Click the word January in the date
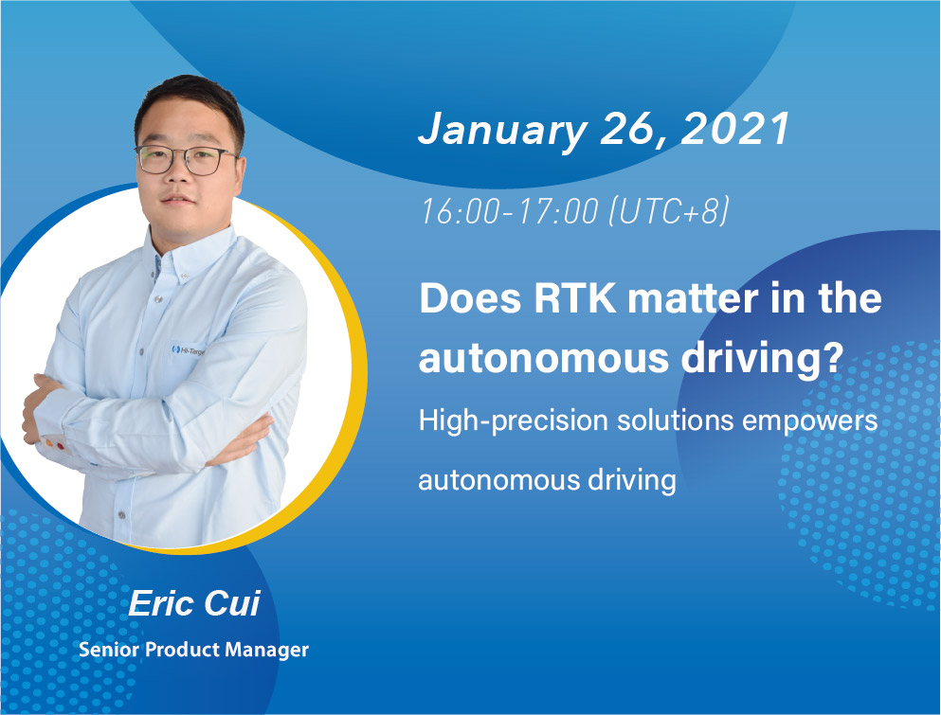click(x=502, y=130)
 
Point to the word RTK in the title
click(x=575, y=297)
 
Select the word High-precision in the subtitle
click(x=513, y=421)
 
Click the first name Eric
click(x=161, y=603)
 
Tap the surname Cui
click(x=232, y=603)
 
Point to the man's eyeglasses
click(x=186, y=160)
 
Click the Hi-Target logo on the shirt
click(x=188, y=349)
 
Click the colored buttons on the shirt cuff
click(x=52, y=444)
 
